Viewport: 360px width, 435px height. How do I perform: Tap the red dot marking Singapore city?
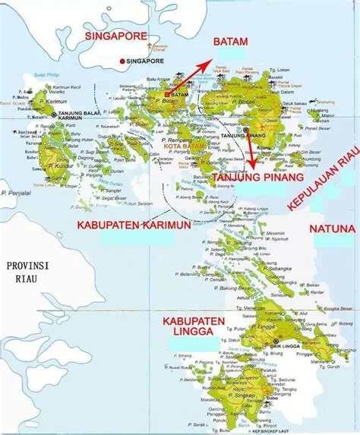(121, 61)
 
